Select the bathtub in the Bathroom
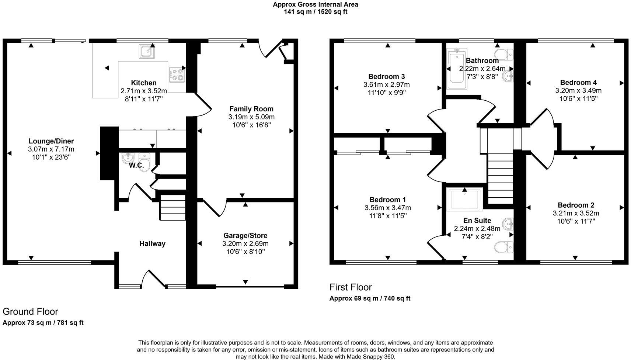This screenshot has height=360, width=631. [x=456, y=69]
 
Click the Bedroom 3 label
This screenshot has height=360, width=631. [x=386, y=77]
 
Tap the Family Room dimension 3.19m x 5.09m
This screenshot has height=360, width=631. [x=251, y=117]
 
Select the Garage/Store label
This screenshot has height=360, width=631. [x=245, y=235]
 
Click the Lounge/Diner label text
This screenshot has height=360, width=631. [x=51, y=141]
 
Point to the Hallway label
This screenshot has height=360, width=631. [x=152, y=243]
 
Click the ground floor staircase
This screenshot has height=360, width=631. [x=172, y=208]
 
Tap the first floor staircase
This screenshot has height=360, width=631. [x=500, y=177]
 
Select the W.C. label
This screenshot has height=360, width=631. [x=136, y=166]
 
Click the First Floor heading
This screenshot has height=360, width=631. [x=351, y=287]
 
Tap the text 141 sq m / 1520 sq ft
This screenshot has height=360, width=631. [x=315, y=12]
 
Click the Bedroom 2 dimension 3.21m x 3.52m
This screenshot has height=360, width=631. [x=576, y=213]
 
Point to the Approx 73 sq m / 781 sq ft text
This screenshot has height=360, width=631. [x=43, y=323]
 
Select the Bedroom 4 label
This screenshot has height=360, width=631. [x=578, y=83]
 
